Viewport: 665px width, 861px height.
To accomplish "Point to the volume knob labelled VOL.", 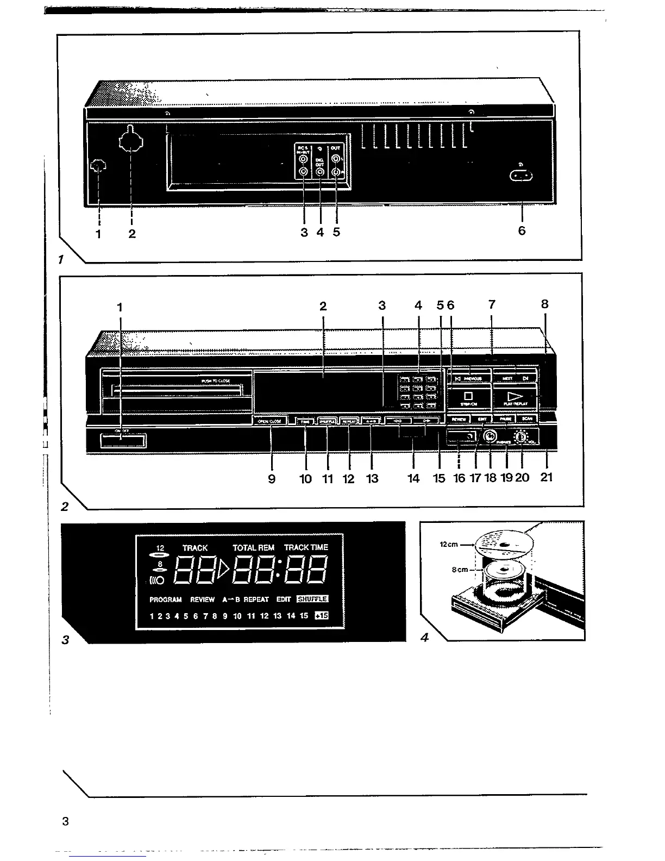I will (x=522, y=437).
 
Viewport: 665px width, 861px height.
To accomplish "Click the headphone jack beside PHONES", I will (x=490, y=436).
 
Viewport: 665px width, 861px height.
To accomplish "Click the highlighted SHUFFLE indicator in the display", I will (x=312, y=599).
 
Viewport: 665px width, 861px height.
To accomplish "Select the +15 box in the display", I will (x=322, y=616).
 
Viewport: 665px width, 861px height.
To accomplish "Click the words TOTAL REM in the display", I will (x=253, y=548).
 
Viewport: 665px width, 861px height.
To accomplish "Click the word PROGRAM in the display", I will (x=166, y=600).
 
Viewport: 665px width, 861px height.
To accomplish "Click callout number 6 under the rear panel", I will (x=522, y=230).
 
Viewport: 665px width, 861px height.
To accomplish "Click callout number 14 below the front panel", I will (x=413, y=478).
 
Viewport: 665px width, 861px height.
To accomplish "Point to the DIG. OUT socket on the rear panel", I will (x=320, y=173).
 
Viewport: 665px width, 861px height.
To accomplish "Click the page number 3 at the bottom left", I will (x=66, y=821).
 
